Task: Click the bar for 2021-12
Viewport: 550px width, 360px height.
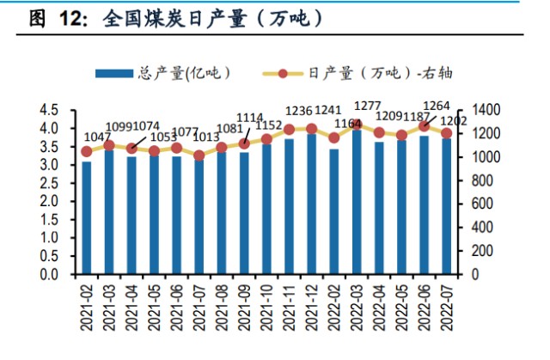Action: pos(312,204)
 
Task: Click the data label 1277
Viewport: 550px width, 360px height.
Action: pos(367,106)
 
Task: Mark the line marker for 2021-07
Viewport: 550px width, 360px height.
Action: pos(199,156)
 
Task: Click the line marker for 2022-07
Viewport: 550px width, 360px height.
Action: pos(447,133)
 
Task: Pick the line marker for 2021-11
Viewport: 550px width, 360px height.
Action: pos(290,130)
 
